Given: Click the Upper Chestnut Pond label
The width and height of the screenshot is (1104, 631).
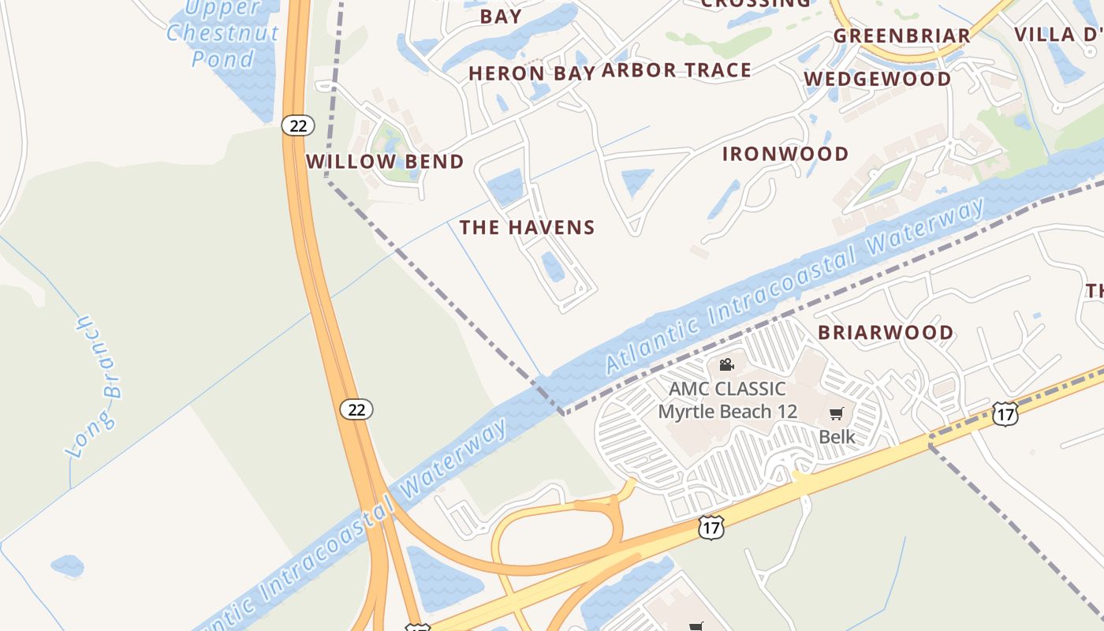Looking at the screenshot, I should (223, 33).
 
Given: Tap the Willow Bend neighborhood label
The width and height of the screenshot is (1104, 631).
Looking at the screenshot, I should (385, 162).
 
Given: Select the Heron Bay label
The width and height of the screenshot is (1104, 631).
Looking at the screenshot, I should (529, 73).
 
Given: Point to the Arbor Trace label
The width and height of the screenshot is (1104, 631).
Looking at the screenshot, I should (677, 70).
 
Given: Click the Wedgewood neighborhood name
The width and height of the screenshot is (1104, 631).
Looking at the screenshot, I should (878, 79).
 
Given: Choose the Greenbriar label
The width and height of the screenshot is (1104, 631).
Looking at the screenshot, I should (901, 35).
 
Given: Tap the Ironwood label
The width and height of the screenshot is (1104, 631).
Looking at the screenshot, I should (785, 154).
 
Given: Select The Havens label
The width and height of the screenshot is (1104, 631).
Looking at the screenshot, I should (527, 227).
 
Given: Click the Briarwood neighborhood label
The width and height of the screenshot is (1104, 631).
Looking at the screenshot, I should (886, 332).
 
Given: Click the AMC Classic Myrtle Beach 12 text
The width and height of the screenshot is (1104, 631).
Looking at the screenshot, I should (727, 400).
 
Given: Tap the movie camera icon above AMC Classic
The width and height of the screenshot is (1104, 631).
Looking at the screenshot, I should (726, 364).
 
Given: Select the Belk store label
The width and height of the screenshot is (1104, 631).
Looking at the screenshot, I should (837, 436).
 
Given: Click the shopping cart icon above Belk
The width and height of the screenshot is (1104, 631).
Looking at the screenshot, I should (837, 414).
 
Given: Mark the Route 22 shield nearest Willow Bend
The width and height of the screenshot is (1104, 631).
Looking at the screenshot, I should (297, 125).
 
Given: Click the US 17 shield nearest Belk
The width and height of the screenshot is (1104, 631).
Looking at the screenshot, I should (1005, 413).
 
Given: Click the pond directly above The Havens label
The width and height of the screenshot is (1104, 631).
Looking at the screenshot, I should (505, 187).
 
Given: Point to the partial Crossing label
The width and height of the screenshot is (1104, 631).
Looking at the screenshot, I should (755, 3).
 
